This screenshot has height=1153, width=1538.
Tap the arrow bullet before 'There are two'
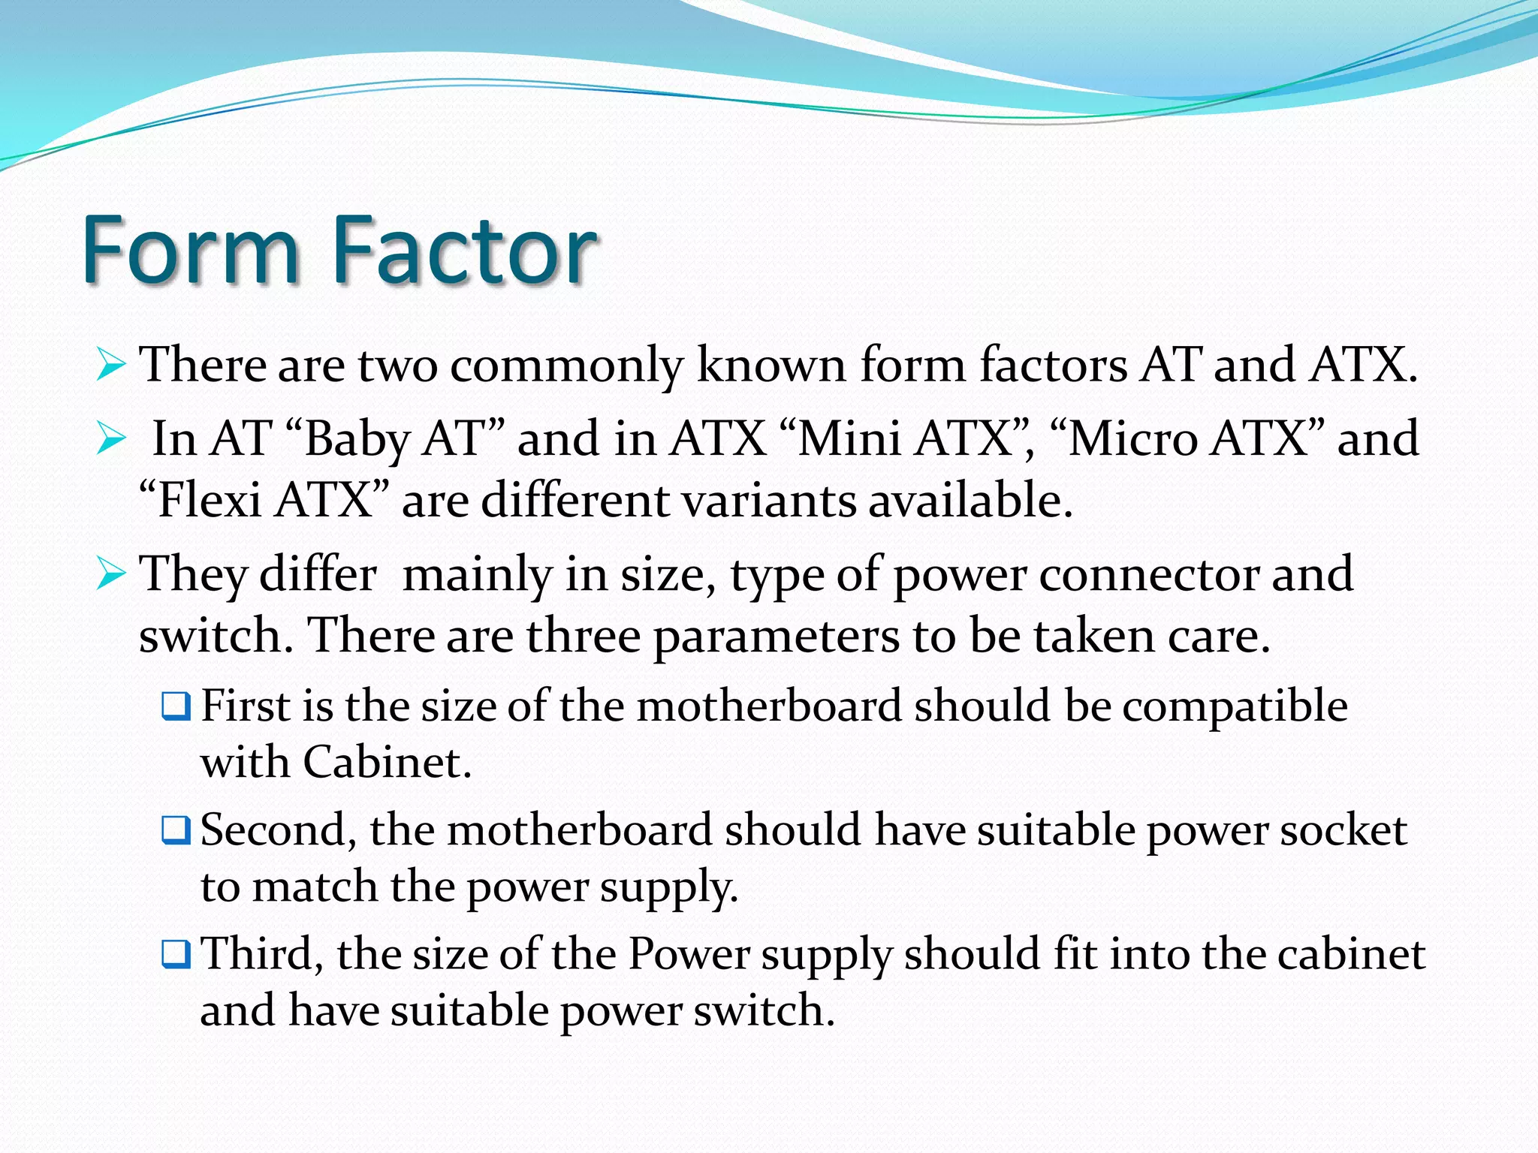[111, 366]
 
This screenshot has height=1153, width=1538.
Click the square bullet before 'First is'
[176, 706]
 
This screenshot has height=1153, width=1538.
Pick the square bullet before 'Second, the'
[176, 830]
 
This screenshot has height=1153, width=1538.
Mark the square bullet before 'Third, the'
[176, 954]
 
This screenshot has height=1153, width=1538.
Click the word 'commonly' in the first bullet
[566, 366]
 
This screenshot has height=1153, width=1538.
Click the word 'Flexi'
[210, 500]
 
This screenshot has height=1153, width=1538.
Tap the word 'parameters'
[776, 637]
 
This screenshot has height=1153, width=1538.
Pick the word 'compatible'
[1235, 706]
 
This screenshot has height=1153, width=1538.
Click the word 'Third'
[256, 954]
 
